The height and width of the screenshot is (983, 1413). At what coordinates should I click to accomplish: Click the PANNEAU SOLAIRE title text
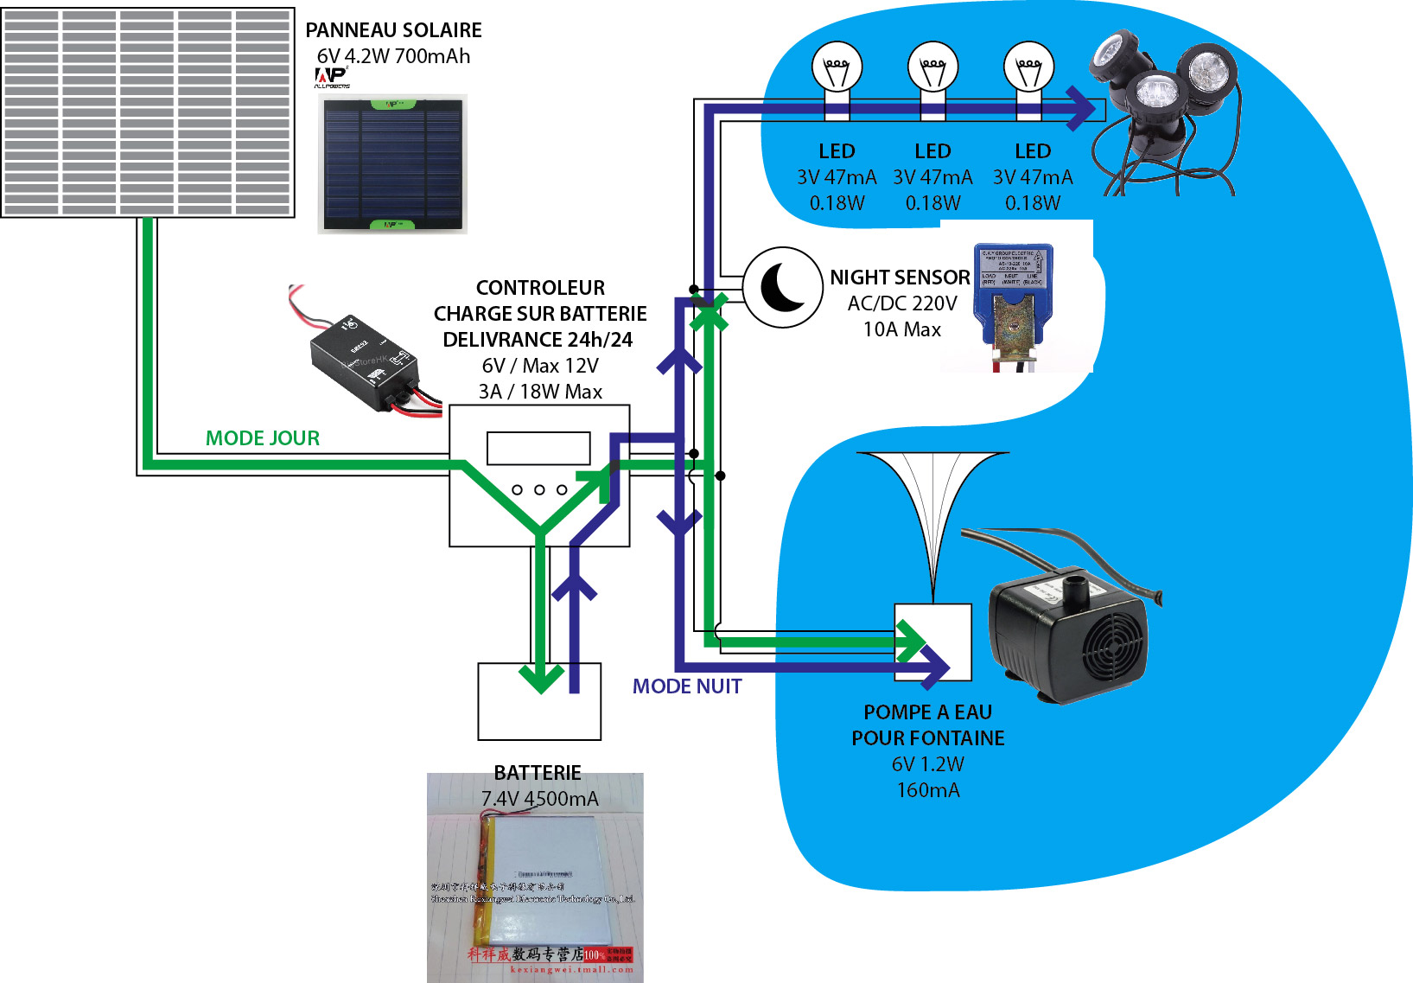(393, 30)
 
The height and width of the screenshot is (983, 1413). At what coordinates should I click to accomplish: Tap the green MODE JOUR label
(263, 438)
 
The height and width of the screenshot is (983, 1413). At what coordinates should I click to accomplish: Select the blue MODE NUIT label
(687, 686)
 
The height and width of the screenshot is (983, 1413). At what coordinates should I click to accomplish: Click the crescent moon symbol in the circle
(783, 288)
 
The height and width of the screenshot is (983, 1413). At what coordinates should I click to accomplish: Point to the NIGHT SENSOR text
(900, 278)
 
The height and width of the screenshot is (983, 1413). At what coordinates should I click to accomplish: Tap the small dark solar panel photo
(392, 164)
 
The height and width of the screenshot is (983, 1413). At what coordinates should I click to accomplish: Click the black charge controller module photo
(366, 362)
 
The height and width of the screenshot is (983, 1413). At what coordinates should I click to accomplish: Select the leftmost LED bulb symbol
(837, 68)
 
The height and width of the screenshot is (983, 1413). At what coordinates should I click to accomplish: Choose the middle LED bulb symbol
(932, 68)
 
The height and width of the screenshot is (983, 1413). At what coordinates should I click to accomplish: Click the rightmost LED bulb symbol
(1028, 68)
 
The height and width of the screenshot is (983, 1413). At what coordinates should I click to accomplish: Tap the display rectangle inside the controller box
(538, 449)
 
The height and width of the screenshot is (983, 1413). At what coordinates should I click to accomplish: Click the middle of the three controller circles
(539, 490)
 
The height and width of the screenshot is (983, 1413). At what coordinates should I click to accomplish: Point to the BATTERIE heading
(538, 773)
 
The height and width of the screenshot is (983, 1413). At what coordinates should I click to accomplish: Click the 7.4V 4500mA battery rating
(539, 799)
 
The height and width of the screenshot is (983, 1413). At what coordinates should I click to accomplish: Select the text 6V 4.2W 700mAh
(393, 56)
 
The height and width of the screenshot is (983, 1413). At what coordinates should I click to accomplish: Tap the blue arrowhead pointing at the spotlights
(1081, 109)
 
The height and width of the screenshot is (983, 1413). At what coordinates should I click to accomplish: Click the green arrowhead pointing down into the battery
(541, 679)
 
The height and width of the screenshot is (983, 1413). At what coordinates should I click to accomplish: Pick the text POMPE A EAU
(927, 712)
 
